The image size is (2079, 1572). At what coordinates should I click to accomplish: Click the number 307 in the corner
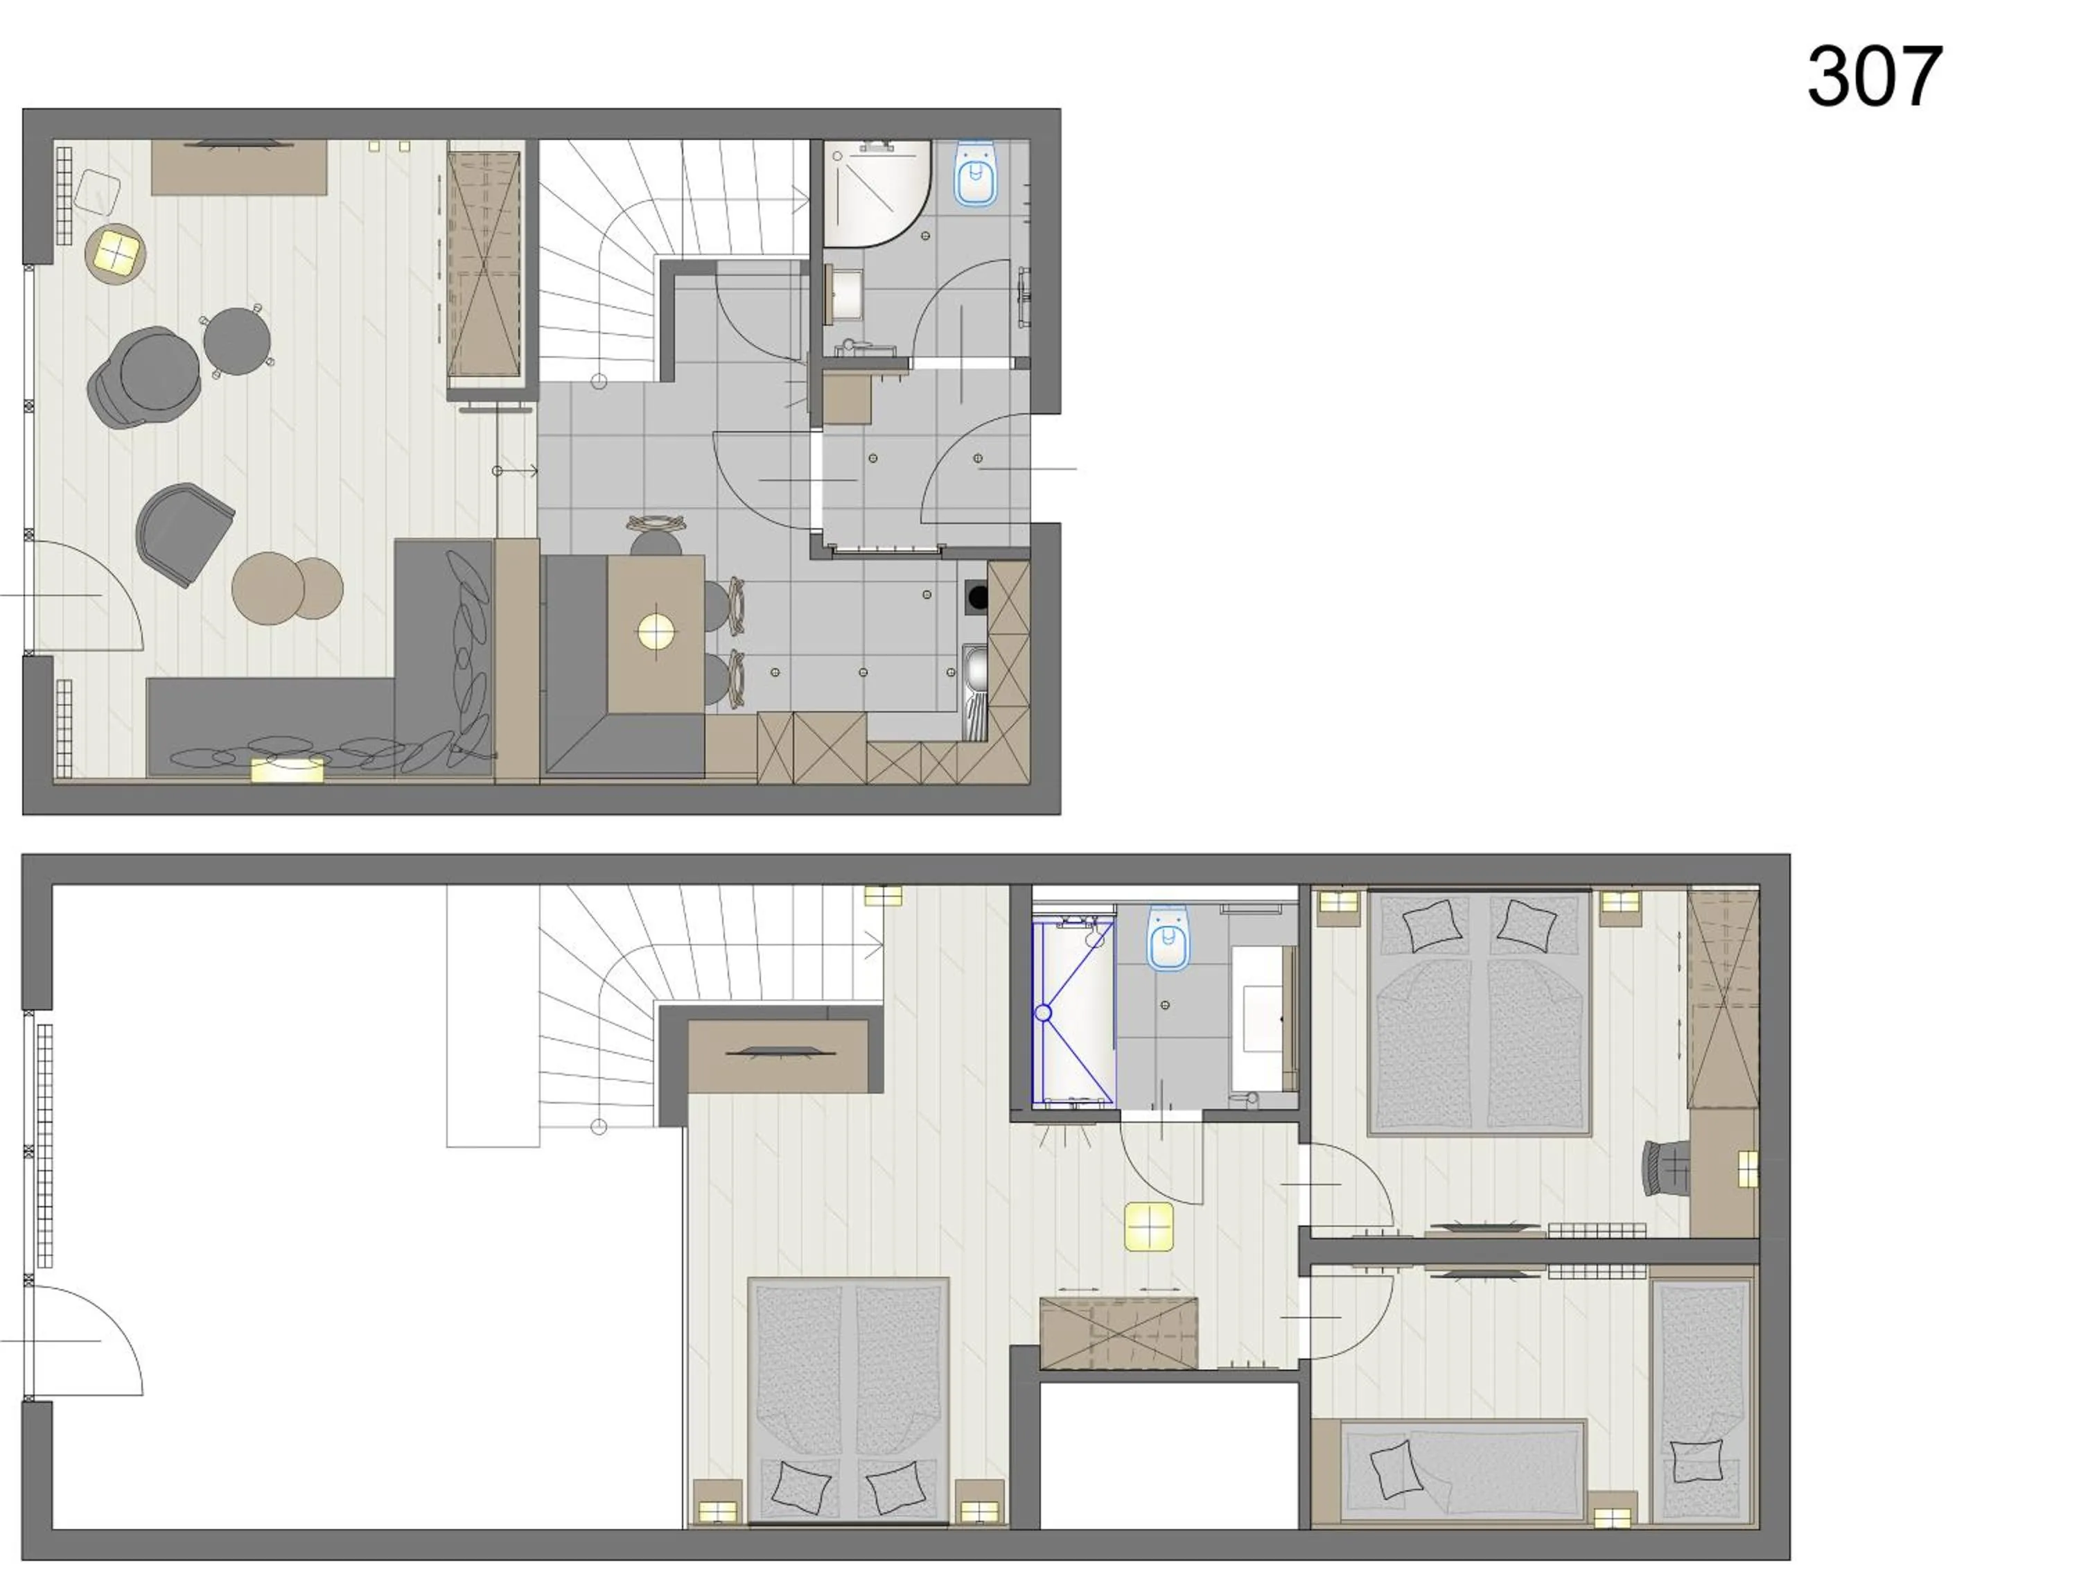pos(1874,76)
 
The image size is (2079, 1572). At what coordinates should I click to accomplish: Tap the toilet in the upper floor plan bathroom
pos(976,174)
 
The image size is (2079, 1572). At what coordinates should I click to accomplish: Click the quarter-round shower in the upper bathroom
pos(874,191)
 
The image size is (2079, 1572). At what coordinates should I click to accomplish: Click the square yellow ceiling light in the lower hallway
pos(1148,1227)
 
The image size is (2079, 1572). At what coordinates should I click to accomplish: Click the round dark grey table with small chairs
pos(237,341)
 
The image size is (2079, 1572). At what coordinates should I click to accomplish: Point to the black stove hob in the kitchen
pos(977,596)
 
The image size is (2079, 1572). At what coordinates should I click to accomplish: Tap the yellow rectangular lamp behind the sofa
pos(287,770)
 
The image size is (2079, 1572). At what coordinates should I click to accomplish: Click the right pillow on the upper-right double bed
pos(1525,923)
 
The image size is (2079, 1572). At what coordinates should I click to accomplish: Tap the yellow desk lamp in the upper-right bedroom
pos(1746,1169)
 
